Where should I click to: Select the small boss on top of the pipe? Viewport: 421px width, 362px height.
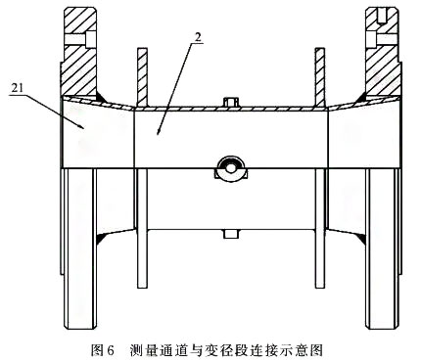pyautogui.click(x=231, y=102)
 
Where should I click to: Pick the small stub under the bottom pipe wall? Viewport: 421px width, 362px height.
pyautogui.click(x=230, y=232)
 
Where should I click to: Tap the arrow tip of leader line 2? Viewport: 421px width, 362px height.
pyautogui.click(x=157, y=128)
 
